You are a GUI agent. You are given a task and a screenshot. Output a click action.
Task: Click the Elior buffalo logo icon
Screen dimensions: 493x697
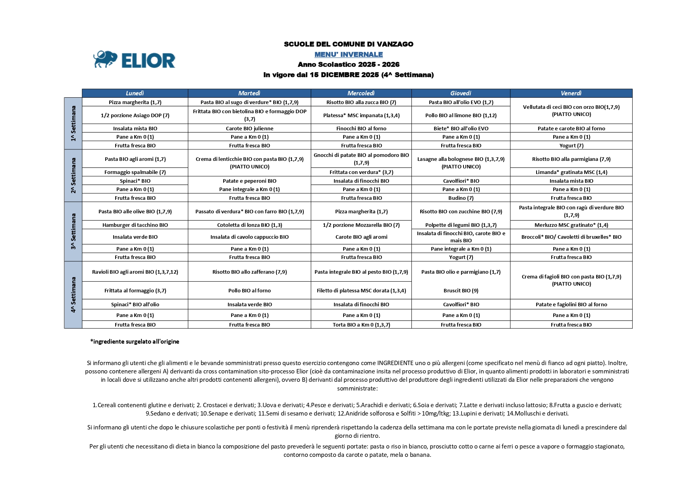pos(105,59)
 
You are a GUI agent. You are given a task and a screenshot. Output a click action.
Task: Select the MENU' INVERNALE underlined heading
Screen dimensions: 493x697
pos(348,54)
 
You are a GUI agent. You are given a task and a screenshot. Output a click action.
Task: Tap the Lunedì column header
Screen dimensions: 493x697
pos(135,93)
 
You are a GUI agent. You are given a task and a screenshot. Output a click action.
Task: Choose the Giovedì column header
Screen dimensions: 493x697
pos(460,93)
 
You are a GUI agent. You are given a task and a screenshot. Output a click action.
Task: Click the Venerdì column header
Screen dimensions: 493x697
pos(571,93)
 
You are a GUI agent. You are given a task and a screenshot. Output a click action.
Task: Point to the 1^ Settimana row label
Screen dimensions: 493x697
pos(73,124)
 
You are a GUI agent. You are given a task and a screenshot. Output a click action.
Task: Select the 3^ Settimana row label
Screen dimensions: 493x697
pos(73,231)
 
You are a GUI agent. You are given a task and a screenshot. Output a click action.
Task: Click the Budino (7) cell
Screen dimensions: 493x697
pos(461,198)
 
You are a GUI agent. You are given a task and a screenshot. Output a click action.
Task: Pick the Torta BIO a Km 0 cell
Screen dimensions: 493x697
pos(361,325)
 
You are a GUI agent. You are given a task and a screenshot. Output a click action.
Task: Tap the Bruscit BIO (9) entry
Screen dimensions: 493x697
pos(461,290)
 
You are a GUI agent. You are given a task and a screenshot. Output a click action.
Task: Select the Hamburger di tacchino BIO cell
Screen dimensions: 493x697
pos(135,225)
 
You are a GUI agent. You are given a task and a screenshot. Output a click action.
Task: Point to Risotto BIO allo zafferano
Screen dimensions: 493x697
pos(249,272)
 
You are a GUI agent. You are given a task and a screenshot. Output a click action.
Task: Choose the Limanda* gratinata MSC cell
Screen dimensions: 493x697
pos(571,172)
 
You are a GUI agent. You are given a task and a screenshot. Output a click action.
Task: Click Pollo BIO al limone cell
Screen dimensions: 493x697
pos(461,115)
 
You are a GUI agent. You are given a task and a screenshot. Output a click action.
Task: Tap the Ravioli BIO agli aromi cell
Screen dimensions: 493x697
pos(135,272)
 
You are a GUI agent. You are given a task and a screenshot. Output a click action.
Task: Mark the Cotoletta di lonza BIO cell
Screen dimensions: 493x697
pos(249,225)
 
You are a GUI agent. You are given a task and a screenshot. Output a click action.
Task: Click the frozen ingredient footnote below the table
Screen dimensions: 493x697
pos(135,342)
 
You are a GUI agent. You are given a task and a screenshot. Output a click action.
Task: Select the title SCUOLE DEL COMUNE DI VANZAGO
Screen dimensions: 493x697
pos(348,44)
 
